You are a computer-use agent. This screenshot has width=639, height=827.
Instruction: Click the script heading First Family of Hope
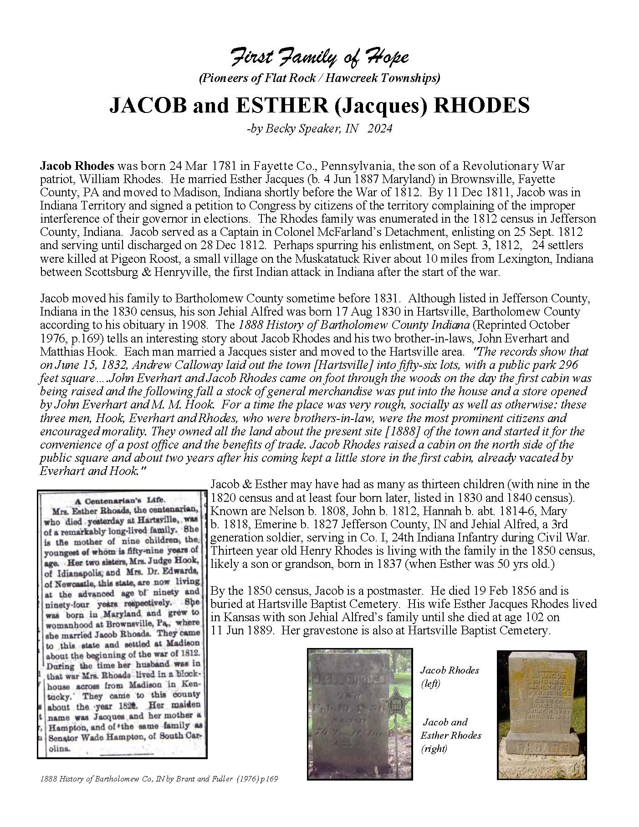[x=319, y=58]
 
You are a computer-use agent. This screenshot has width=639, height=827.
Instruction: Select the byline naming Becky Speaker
[x=319, y=129]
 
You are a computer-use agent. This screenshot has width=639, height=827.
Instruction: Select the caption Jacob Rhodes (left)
[x=449, y=677]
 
